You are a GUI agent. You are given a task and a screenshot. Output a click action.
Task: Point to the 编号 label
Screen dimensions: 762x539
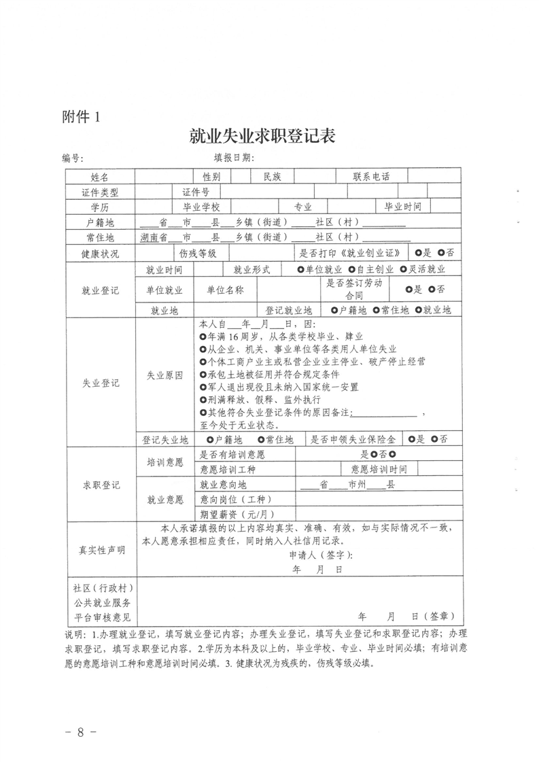pos(73,159)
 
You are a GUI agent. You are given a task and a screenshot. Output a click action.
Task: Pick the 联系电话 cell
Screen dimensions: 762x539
pos(371,177)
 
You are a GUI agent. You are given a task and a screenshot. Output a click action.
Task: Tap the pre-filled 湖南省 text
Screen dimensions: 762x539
pos(153,237)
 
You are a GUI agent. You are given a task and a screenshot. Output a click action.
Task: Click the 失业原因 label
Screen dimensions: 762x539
pos(164,375)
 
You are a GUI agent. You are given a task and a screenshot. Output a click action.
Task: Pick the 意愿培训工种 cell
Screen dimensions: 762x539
pos(228,470)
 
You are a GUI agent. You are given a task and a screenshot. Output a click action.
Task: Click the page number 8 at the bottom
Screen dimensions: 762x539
pos(80,732)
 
